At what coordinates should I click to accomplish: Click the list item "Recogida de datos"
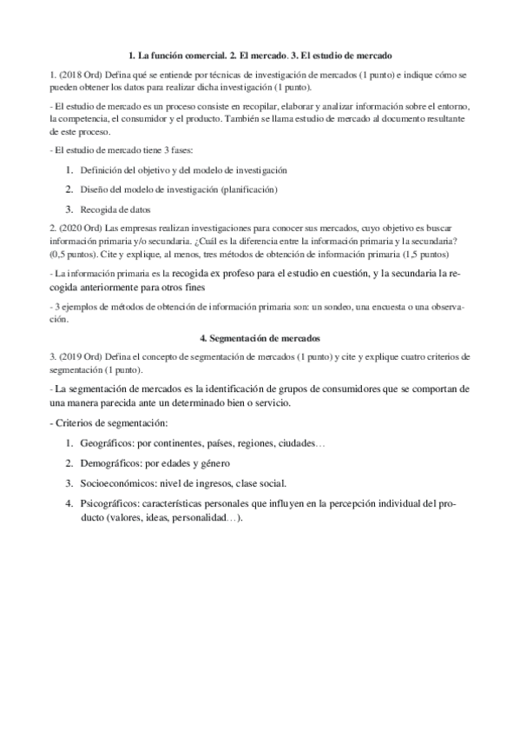pyautogui.click(x=116, y=209)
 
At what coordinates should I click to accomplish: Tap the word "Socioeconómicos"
pyautogui.click(x=116, y=483)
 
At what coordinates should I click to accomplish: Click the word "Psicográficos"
pyautogui.click(x=109, y=503)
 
